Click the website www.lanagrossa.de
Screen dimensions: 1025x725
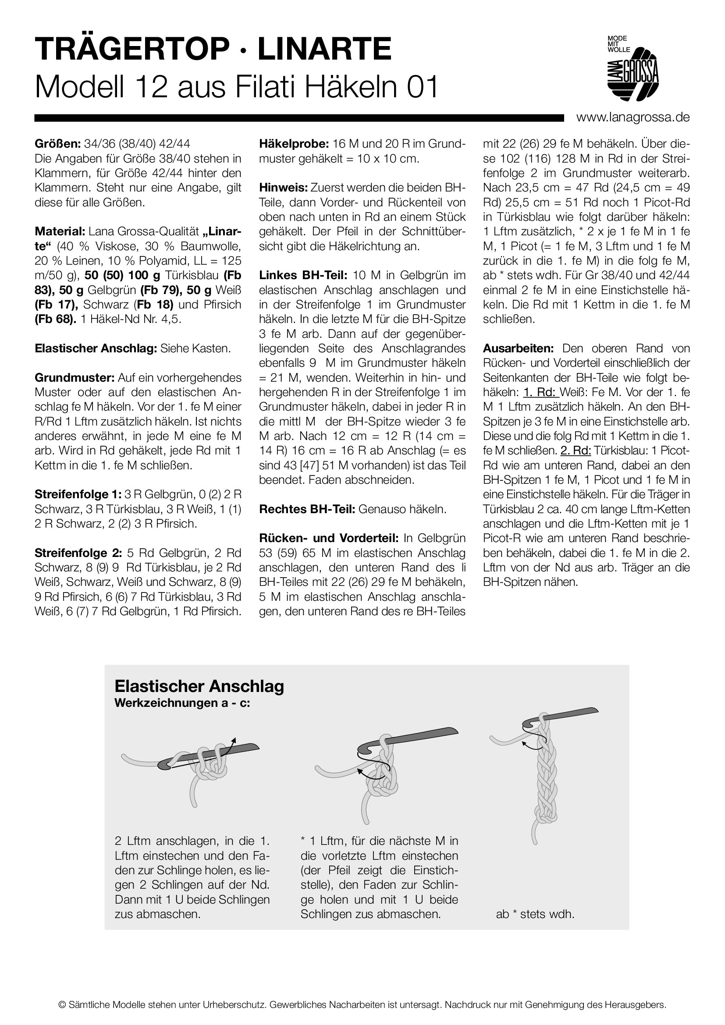633,117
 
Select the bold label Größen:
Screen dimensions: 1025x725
57,144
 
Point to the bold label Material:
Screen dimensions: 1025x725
60,232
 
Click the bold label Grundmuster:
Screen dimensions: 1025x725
75,378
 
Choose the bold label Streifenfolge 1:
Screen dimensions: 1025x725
78,494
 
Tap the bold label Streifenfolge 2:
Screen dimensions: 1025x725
78,553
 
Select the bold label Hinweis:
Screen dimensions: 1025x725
283,188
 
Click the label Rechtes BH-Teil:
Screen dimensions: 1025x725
307,509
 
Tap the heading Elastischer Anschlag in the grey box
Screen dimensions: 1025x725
199,686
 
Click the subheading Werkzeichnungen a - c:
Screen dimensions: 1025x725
182,703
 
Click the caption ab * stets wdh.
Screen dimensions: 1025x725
535,914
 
